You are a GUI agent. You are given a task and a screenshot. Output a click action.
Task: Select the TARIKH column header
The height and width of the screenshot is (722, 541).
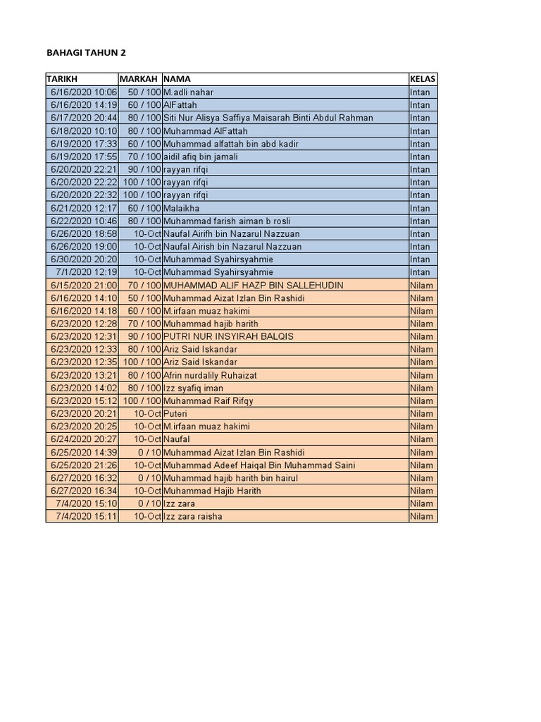coord(62,79)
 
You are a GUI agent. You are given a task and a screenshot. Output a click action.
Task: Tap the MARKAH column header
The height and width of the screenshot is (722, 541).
coord(139,79)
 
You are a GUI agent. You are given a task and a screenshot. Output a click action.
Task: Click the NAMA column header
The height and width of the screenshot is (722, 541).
coord(177,79)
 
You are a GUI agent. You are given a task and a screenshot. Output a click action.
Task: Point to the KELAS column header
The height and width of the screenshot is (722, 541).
coord(423,79)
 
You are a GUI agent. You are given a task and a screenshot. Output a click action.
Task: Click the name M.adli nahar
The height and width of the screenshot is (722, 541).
coord(188,92)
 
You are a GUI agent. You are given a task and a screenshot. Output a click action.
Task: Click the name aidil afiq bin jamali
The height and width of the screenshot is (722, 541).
coord(197,157)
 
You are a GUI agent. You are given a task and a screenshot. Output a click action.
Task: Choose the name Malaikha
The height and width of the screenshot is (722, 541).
coord(181,208)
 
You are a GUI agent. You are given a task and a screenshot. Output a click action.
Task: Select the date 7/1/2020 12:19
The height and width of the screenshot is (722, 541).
coord(87,272)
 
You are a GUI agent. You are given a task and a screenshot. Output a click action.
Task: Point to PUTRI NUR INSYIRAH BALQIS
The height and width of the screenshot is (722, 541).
coord(228,336)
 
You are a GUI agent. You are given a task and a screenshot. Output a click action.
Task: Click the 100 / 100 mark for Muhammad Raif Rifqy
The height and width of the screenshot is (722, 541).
coord(142,400)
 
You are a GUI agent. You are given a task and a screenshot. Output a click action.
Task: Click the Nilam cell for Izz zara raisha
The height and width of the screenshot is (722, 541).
coord(422,517)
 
